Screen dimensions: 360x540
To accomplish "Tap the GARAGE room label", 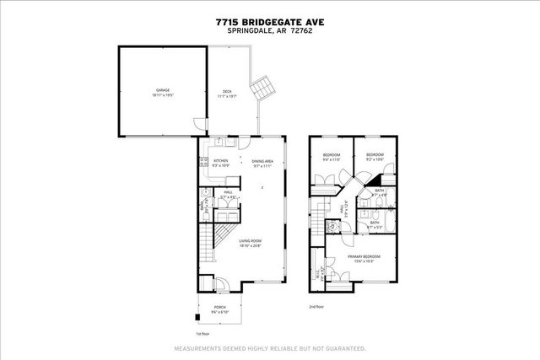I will pos(162,91).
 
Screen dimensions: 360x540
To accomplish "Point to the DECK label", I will pos(227,93).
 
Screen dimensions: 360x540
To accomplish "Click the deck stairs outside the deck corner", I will pos(263,88).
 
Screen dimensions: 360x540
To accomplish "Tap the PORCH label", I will pos(219,308).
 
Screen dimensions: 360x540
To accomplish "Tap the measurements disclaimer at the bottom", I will pos(270,348).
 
